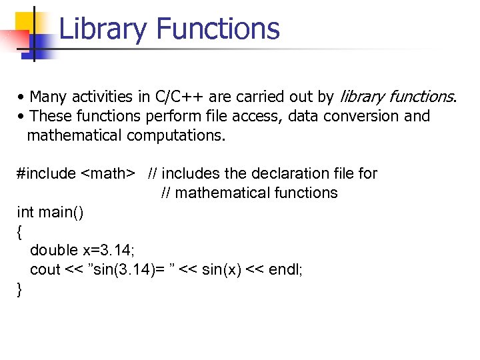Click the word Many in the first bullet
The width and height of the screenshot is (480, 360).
click(47, 97)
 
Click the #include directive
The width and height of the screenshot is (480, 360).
click(47, 174)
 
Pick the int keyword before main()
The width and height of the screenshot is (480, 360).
click(25, 213)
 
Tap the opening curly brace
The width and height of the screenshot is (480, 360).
click(19, 232)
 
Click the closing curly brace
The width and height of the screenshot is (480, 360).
click(19, 289)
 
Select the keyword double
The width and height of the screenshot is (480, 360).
click(54, 251)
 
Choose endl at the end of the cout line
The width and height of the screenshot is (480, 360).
click(285, 270)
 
